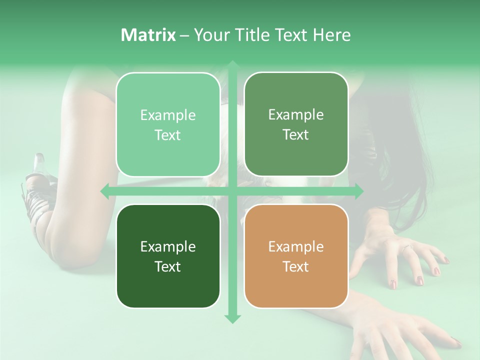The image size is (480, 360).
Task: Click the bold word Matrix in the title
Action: point(148,35)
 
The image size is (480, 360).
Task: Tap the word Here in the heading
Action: point(332,35)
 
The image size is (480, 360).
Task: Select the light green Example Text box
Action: point(168,125)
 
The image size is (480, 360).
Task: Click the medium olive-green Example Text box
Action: point(296,125)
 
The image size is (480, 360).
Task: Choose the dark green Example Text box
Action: point(168,256)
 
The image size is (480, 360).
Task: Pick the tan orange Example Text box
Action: point(296,256)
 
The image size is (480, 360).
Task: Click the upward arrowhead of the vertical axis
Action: point(232,65)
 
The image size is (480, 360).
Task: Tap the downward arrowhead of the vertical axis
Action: point(232,318)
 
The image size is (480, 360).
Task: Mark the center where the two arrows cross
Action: point(232,191)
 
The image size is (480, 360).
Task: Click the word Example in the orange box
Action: point(296,246)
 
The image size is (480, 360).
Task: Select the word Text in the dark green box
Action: point(168,266)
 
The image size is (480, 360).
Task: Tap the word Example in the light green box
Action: point(168,115)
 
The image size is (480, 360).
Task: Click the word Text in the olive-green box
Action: point(296,135)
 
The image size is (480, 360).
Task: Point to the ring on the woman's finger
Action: point(406,247)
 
